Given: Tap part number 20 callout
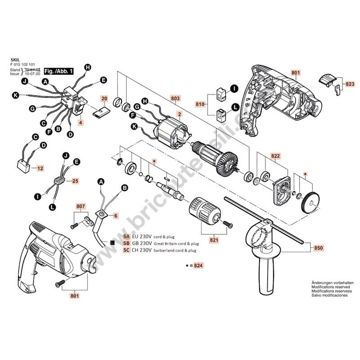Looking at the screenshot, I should tap(104, 98).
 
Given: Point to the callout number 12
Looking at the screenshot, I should tap(40, 168).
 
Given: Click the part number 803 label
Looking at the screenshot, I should tap(175, 98).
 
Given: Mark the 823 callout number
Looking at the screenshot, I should tap(350, 84).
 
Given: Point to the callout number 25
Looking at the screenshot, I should tap(76, 181).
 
